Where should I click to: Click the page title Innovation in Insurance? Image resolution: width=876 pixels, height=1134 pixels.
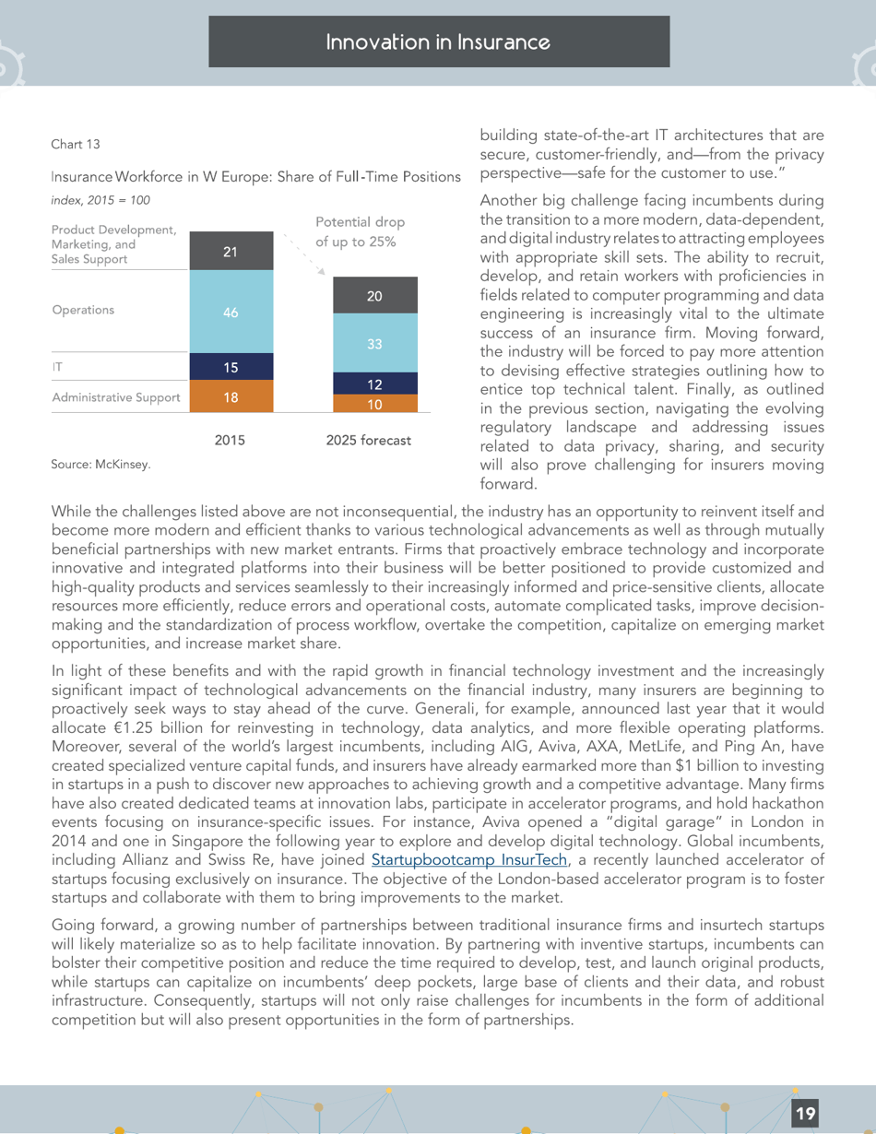(x=439, y=42)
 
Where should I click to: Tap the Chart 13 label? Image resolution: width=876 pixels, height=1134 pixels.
(x=76, y=144)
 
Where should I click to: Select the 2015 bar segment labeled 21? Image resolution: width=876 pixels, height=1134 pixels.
(x=231, y=251)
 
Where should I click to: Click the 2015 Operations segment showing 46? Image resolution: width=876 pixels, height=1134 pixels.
(x=231, y=312)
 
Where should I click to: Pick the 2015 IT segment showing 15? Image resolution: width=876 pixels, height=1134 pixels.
(x=231, y=367)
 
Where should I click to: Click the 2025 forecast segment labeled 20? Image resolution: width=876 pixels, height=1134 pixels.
(x=374, y=296)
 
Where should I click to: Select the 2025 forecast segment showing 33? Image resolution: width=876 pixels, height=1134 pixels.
(x=374, y=343)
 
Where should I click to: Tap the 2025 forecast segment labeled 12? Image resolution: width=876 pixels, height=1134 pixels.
(x=374, y=384)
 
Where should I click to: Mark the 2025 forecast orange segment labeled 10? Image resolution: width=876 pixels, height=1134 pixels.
(x=374, y=404)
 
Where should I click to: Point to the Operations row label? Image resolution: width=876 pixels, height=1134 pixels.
(x=83, y=310)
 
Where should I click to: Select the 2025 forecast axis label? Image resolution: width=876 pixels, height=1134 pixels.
(x=369, y=441)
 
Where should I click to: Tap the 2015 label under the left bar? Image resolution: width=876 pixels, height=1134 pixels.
(x=230, y=441)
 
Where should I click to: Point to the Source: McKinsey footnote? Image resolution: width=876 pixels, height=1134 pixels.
(x=100, y=466)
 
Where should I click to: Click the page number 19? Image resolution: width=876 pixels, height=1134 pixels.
(x=805, y=1114)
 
